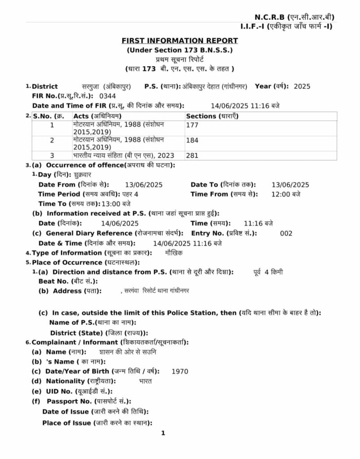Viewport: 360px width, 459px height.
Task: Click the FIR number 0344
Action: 107,96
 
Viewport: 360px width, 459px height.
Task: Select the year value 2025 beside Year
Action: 302,87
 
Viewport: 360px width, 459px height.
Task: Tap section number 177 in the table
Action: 192,125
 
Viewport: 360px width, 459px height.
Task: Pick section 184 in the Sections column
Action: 192,140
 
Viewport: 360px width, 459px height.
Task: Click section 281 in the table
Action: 192,156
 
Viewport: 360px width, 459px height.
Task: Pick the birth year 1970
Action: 180,371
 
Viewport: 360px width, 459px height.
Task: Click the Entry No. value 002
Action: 286,233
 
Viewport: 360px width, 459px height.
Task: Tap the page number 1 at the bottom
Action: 164,433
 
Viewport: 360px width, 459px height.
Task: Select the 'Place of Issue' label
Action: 66,423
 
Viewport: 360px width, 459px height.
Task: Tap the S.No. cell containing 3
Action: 52,156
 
